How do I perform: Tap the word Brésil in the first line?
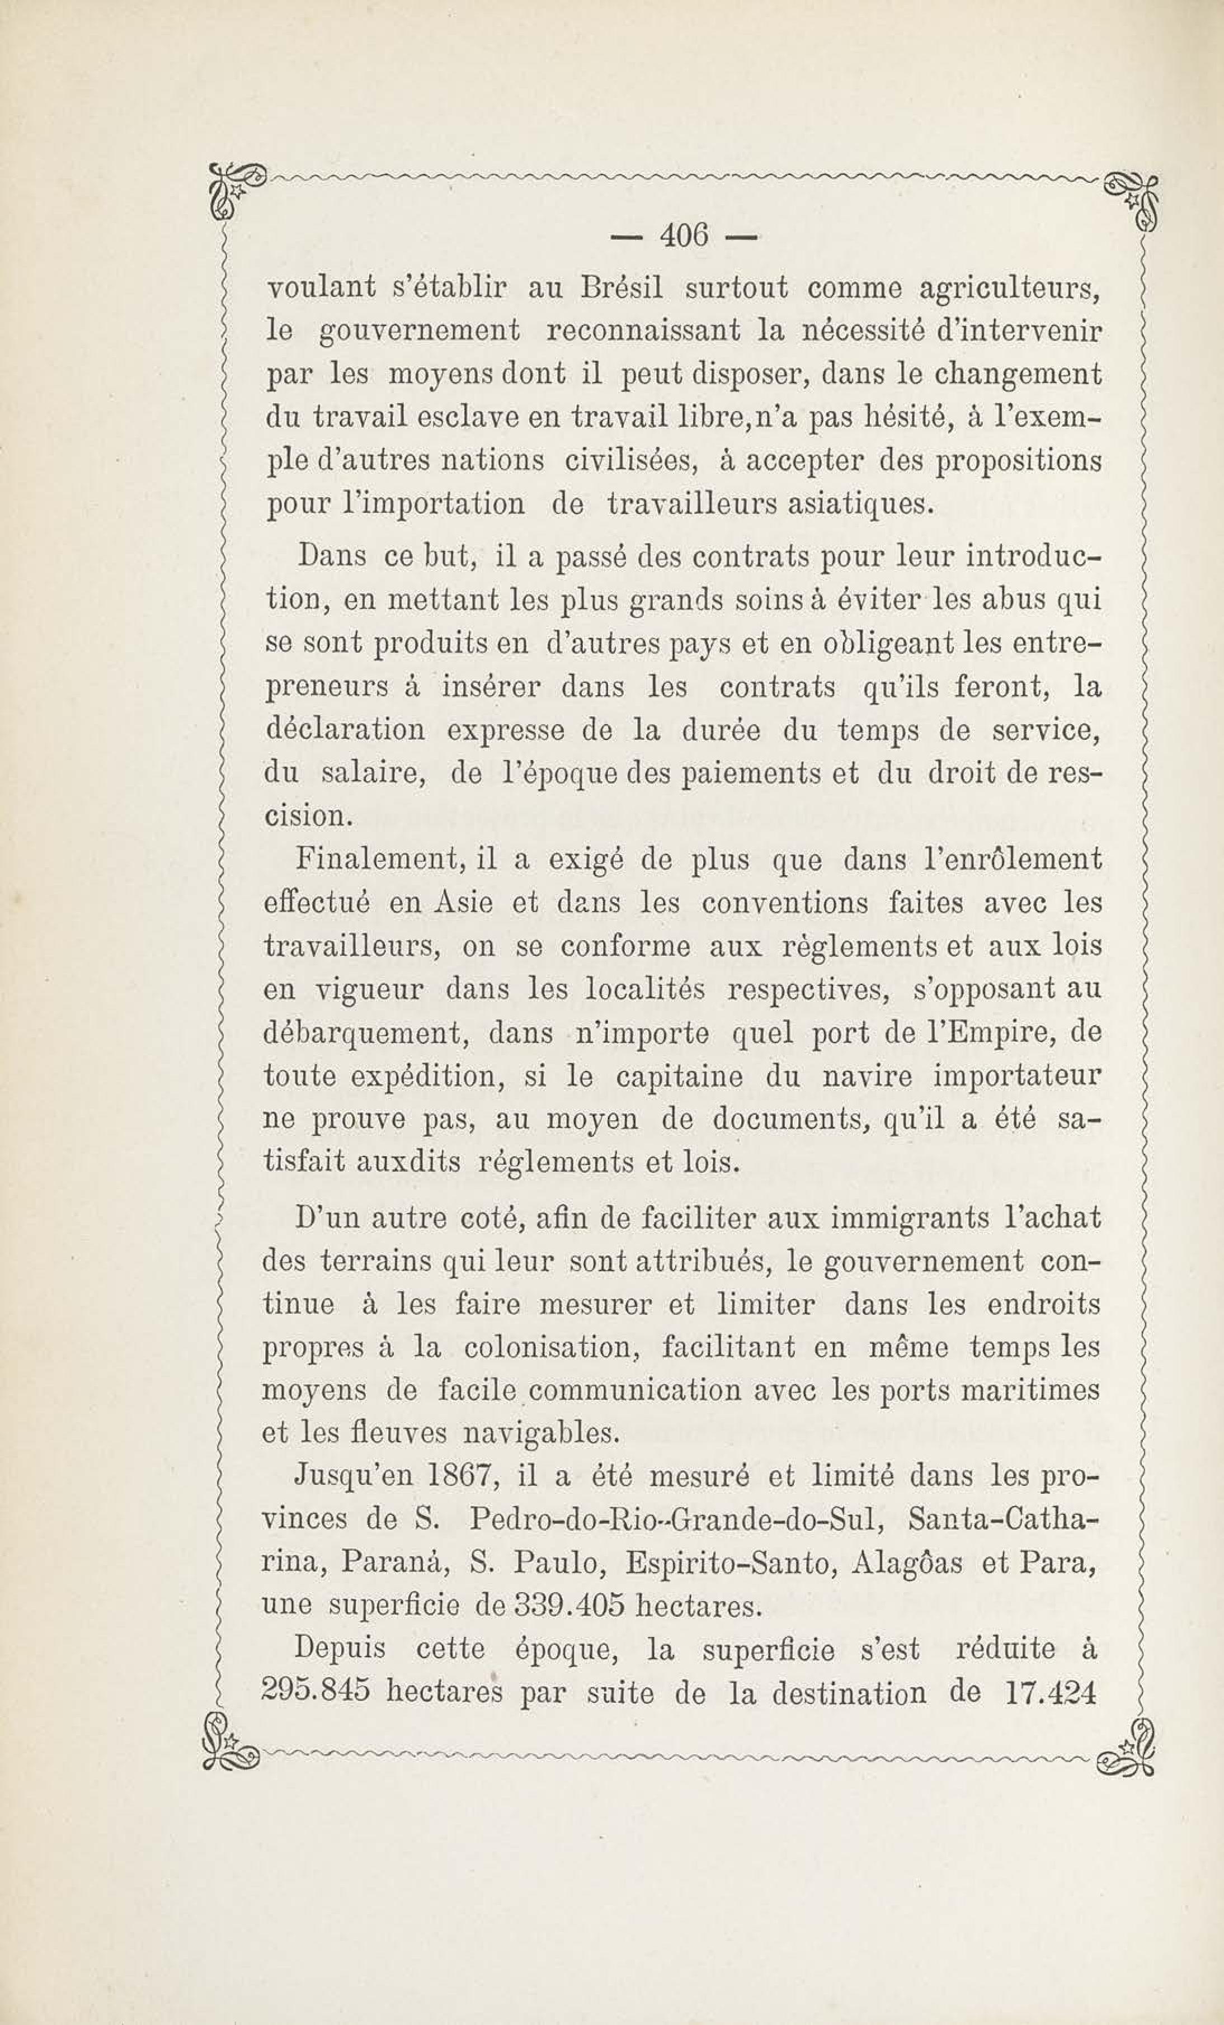point(622,287)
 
